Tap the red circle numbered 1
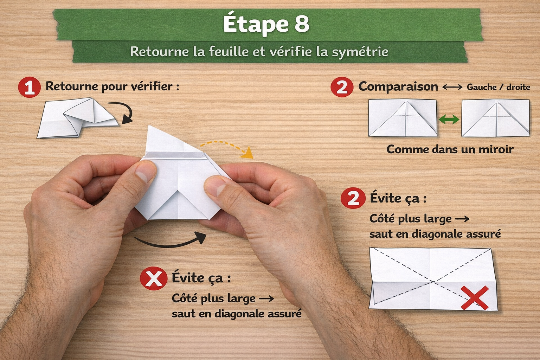point(29,87)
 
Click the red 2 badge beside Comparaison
point(342,87)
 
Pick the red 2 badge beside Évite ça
point(353,199)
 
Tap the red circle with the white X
point(153,278)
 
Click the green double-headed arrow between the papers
point(449,120)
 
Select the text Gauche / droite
point(498,87)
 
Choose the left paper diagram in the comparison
point(403,118)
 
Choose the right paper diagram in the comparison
point(495,118)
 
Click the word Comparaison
point(398,87)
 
